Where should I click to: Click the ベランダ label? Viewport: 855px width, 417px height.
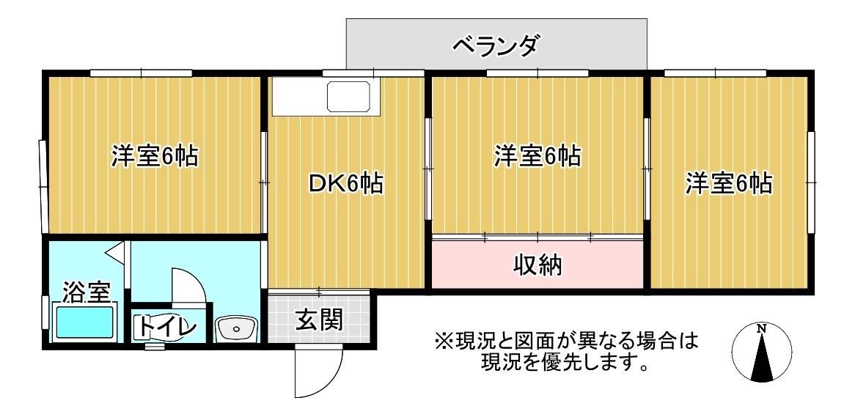(x=496, y=45)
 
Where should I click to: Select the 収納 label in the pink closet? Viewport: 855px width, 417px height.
(x=537, y=265)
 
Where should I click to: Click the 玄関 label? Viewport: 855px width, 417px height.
(x=320, y=320)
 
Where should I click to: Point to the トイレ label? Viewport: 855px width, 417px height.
(x=166, y=326)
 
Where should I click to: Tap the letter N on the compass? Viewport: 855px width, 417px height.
(x=762, y=328)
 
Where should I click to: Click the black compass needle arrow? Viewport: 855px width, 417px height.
(x=762, y=357)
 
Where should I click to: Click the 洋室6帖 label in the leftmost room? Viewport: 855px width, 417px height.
(x=154, y=156)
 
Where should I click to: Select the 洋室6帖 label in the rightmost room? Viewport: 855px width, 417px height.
(x=729, y=184)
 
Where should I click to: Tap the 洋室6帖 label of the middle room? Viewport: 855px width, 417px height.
(x=537, y=156)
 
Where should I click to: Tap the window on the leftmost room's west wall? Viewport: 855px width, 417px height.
(x=42, y=186)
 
